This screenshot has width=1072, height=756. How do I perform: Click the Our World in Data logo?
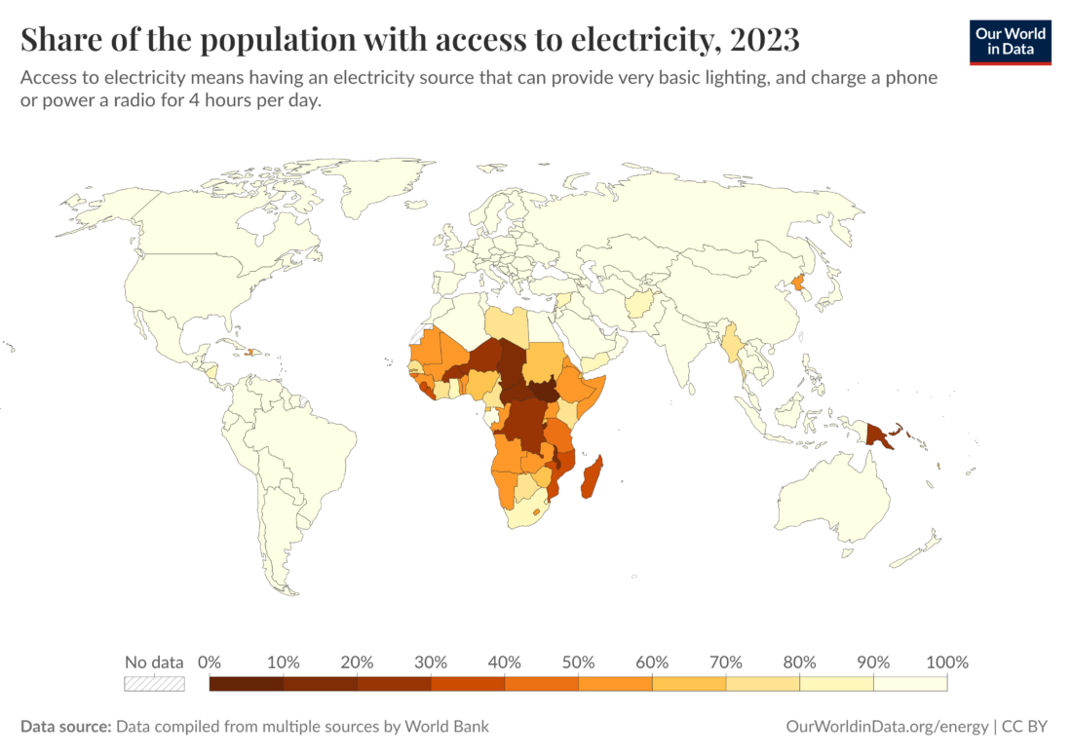click(1010, 42)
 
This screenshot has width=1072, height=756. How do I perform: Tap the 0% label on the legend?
click(210, 662)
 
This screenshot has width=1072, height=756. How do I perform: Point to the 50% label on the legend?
click(578, 662)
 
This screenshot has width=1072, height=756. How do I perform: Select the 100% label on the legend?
click(946, 662)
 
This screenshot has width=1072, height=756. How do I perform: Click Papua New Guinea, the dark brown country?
click(882, 435)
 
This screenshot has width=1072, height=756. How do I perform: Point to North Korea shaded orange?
click(800, 283)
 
